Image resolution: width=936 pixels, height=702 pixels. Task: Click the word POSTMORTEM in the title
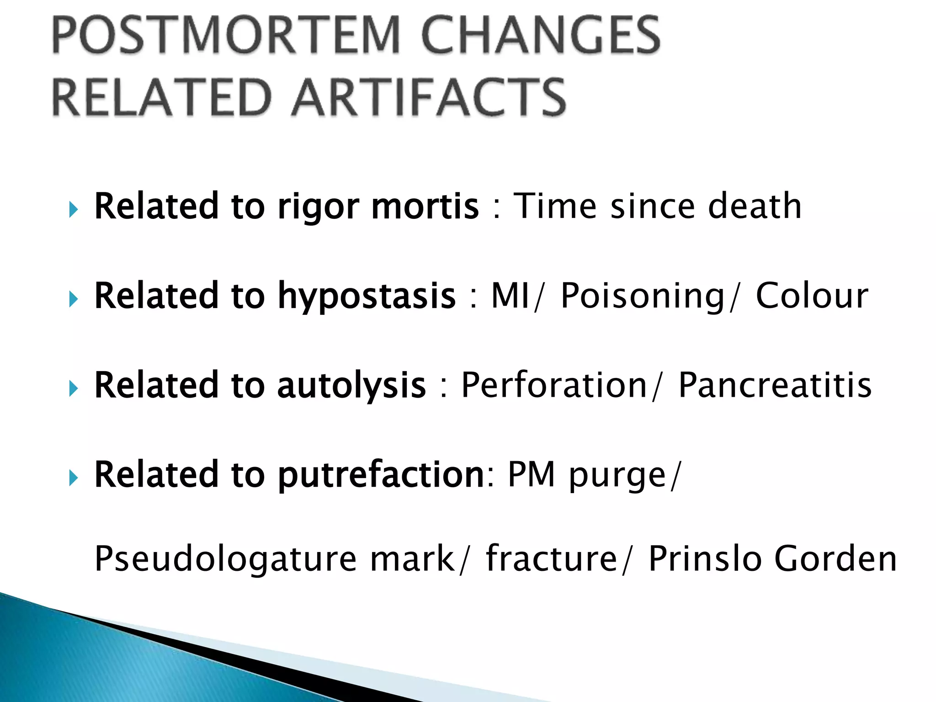point(227,36)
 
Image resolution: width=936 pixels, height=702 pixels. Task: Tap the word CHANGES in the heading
point(541,36)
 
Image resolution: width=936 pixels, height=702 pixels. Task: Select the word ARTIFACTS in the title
point(429,97)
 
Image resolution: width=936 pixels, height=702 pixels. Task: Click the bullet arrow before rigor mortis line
point(73,210)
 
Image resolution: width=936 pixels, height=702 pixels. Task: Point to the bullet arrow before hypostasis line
point(73,300)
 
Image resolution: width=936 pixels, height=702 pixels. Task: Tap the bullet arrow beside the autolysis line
point(73,389)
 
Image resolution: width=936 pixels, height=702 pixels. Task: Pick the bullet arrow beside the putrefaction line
point(73,479)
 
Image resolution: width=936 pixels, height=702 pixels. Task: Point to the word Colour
point(812,296)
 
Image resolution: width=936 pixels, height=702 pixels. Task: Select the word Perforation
point(554,385)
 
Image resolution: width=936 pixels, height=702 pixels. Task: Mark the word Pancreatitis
point(775,385)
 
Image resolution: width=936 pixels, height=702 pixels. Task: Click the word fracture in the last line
point(552,558)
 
